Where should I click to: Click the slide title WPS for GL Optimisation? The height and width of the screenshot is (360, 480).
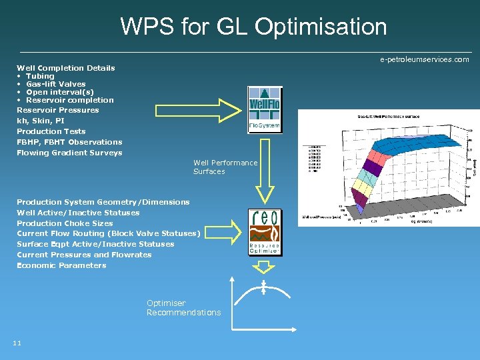pos(253,27)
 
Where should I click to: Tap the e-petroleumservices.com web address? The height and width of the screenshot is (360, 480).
pos(424,60)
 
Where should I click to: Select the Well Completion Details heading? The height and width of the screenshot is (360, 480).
pos(65,68)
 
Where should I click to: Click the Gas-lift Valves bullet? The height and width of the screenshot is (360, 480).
pos(55,84)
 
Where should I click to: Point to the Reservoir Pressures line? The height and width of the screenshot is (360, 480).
pos(57,110)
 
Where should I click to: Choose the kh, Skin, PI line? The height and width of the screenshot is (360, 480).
pos(41,121)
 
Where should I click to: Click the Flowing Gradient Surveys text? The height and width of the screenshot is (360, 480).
pos(69,153)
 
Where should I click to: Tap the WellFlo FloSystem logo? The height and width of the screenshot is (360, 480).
pos(265,109)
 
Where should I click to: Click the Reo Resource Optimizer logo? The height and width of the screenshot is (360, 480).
pos(265,231)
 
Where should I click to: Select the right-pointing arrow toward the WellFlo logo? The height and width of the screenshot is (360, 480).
pos(193,110)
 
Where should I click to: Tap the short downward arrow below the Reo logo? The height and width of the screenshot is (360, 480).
pos(265,266)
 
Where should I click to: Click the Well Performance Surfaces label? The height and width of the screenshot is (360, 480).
pos(225,167)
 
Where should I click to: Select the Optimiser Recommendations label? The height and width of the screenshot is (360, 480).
pos(183,308)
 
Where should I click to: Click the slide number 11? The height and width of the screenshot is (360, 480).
pos(17,343)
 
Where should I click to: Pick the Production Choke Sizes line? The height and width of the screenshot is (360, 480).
pos(65,223)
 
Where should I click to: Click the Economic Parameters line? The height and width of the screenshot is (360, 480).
pos(61,265)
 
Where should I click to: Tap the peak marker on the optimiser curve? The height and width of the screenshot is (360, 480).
pos(264,287)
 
